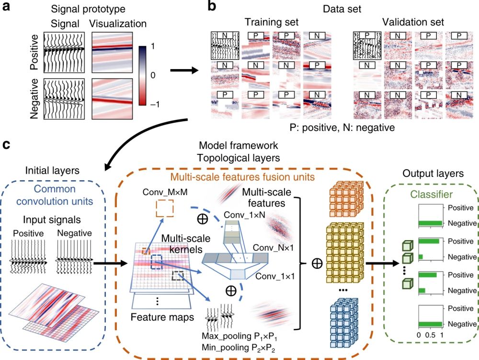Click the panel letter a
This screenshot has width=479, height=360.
7,7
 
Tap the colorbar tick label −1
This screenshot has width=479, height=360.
155,104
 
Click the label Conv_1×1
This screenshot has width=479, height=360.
275,277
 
